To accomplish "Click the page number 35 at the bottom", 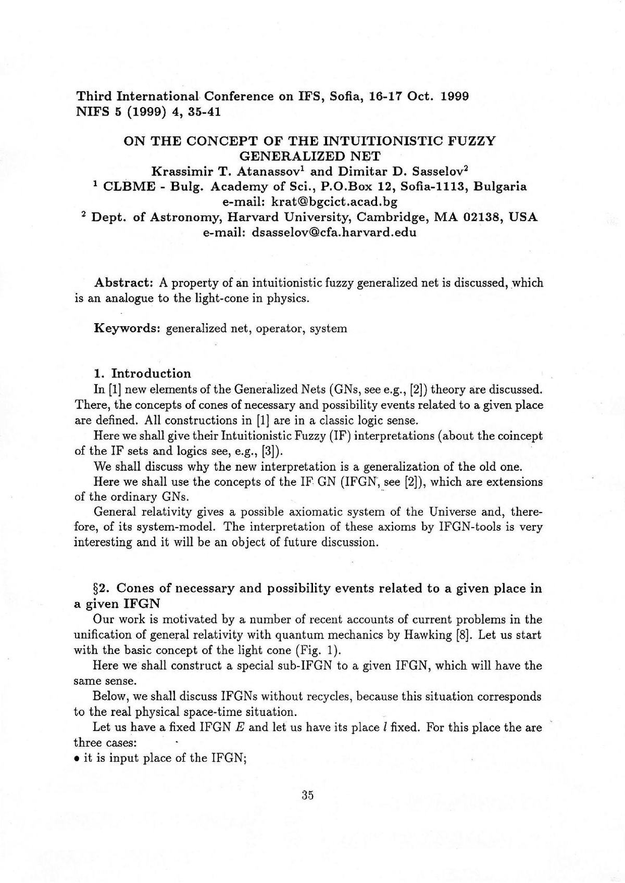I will coord(307,795).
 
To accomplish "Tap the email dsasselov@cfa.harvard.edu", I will coord(334,233).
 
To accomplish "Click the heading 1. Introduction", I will coord(142,374).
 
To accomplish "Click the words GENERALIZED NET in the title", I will coord(310,156).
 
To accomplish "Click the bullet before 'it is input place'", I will coord(77,759).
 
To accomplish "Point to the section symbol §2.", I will coord(101,588).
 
